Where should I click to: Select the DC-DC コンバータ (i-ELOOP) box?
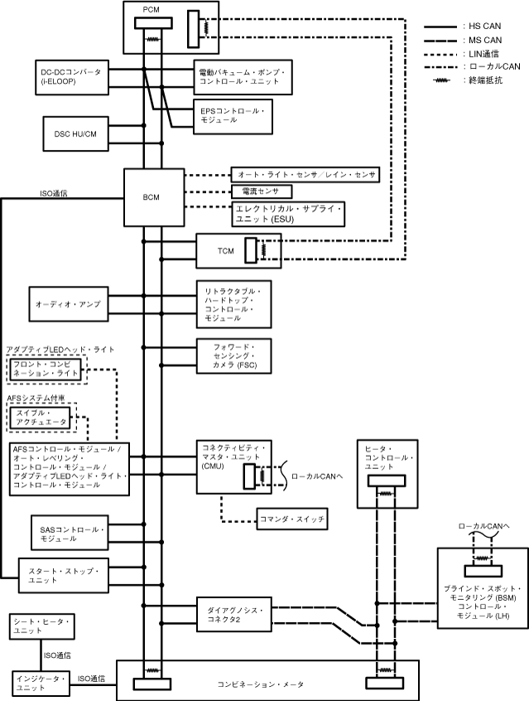click(71, 77)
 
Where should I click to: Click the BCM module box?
click(151, 197)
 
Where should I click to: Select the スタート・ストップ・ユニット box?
click(64, 575)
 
